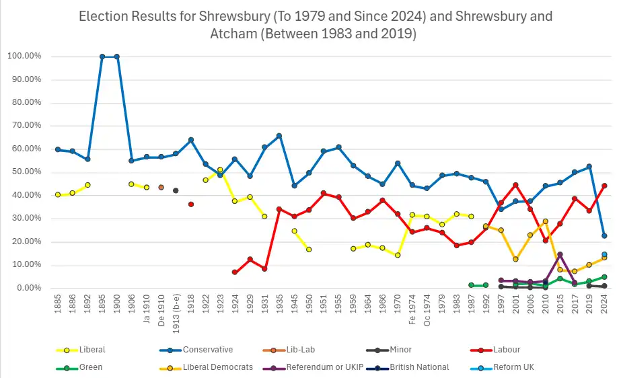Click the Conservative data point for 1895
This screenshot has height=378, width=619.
(x=102, y=56)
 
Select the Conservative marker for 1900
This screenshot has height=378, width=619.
(x=117, y=56)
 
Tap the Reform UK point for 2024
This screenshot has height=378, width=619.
(x=604, y=254)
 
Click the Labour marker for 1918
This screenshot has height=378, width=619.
(x=191, y=204)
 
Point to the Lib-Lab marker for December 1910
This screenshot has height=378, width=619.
(x=161, y=187)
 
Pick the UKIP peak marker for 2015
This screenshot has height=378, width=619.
(x=560, y=254)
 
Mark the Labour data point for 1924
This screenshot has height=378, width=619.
(x=235, y=272)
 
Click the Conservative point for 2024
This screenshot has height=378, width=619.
(x=604, y=235)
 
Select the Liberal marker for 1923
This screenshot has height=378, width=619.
(x=220, y=169)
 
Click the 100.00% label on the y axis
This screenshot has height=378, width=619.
(x=24, y=56)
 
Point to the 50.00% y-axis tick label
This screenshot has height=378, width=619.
(x=26, y=172)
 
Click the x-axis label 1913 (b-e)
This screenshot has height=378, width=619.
(x=176, y=315)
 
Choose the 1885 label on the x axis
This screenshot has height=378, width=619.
(x=58, y=306)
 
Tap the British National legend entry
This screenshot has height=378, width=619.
(x=402, y=367)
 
